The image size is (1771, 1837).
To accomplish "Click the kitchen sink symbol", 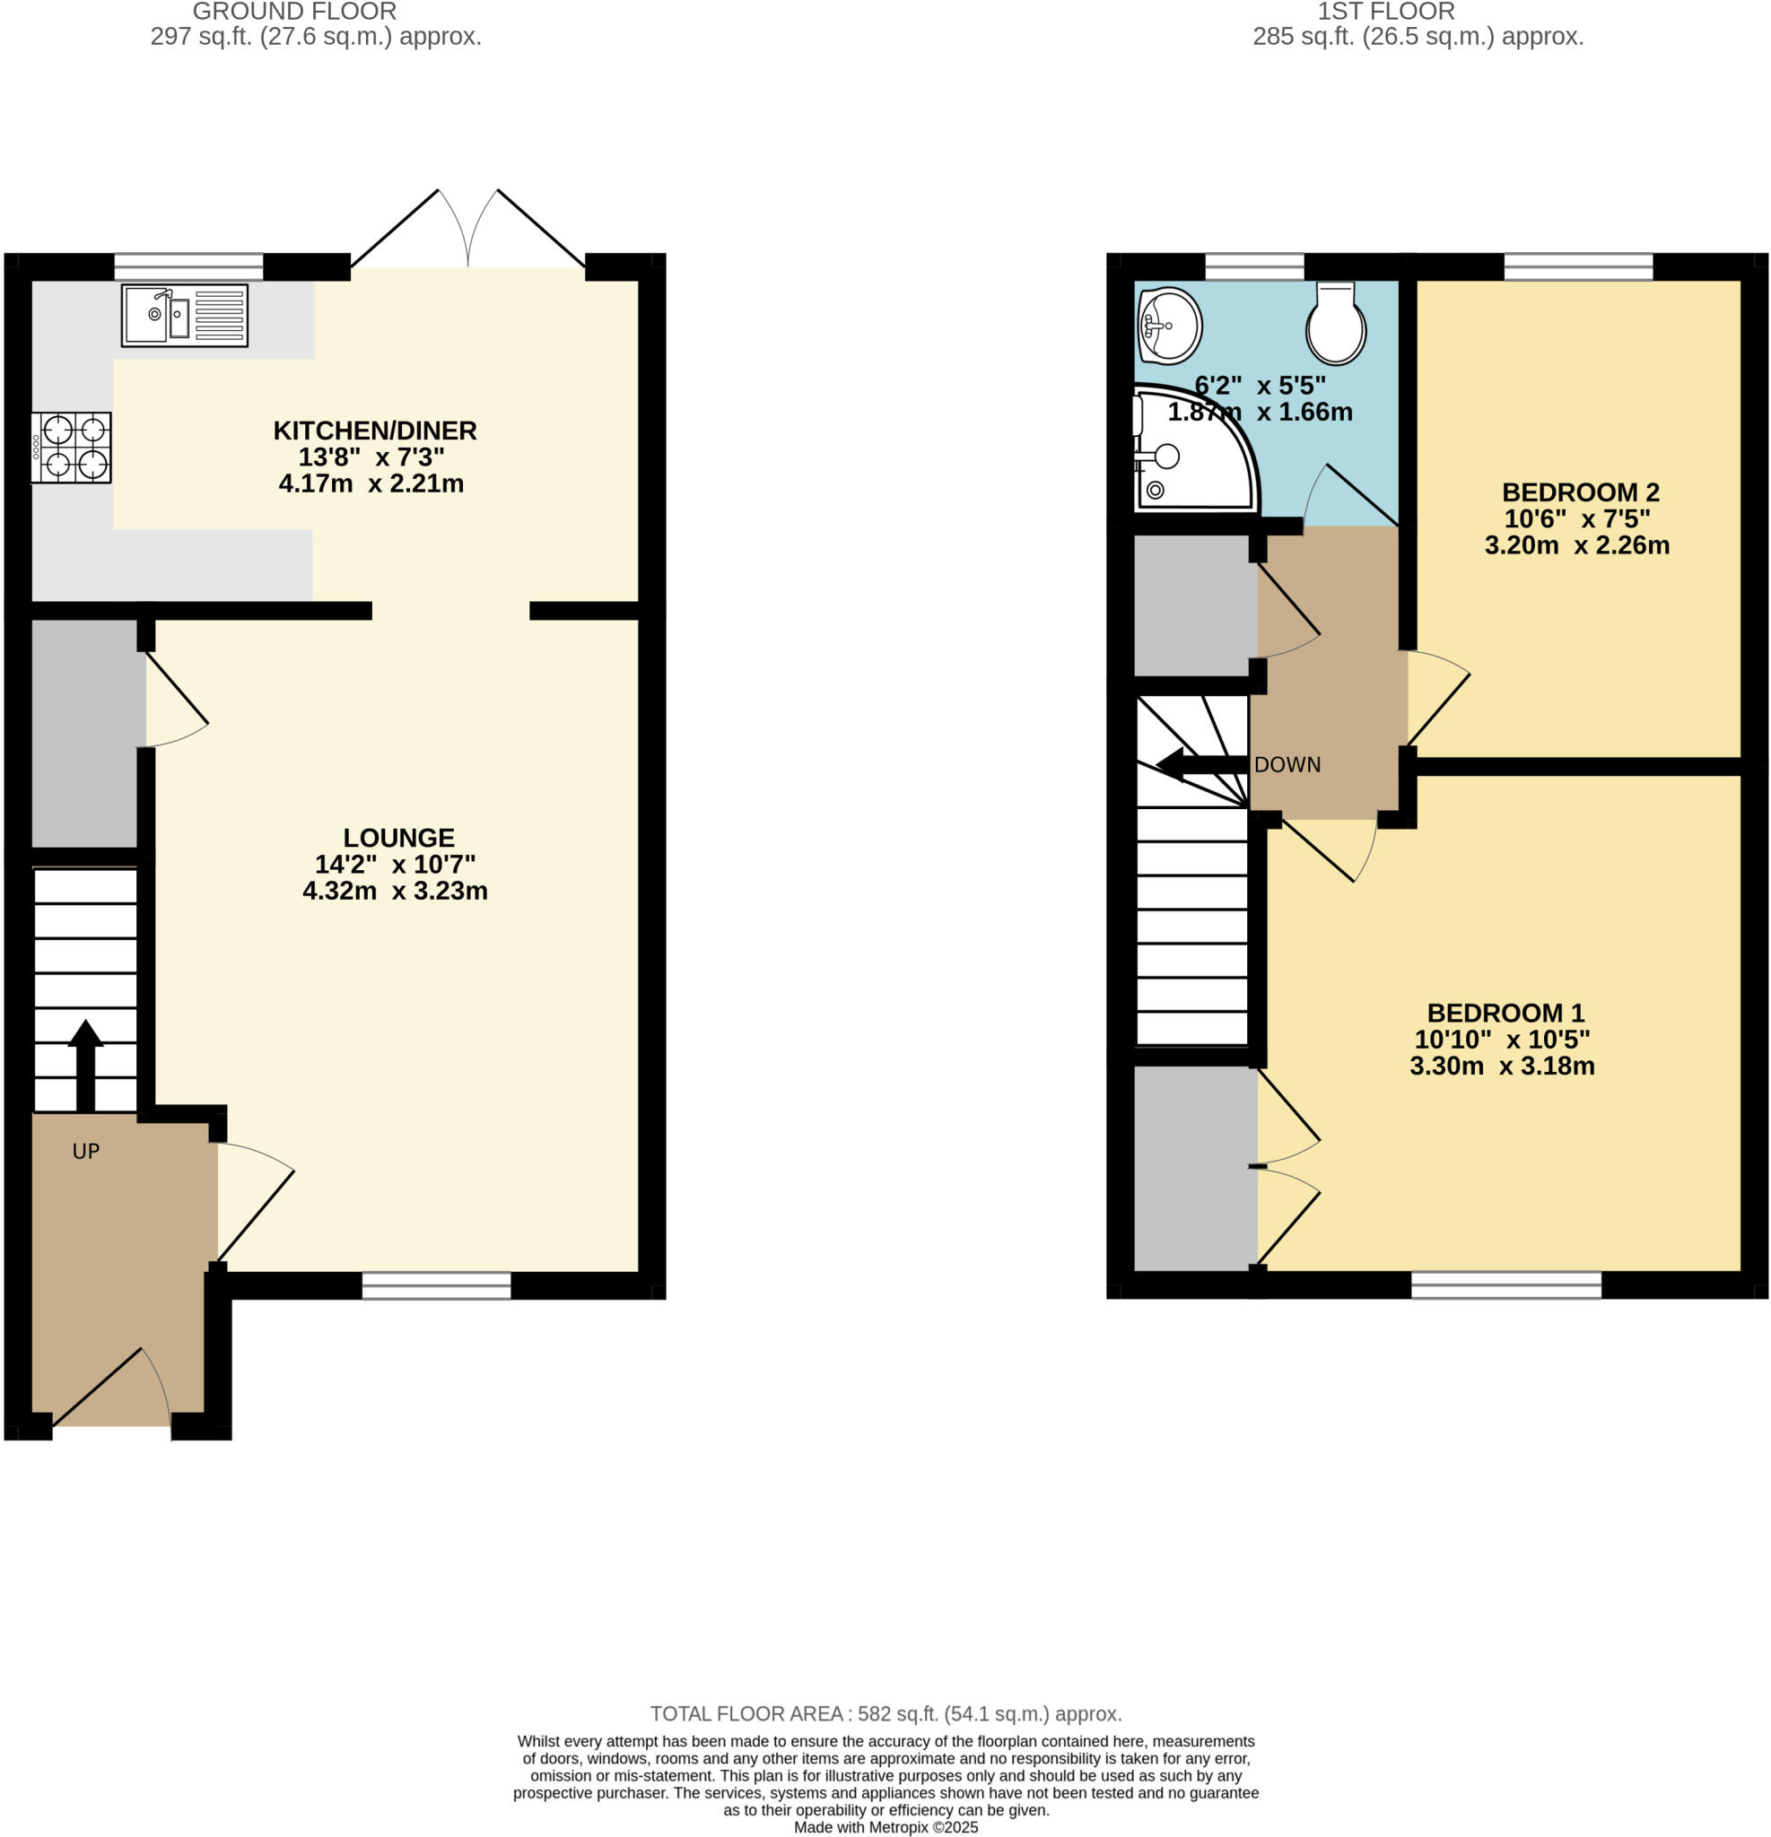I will point(184,316).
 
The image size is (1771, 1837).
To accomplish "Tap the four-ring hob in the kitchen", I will point(71,447).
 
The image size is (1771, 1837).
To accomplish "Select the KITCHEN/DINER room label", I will point(375,431).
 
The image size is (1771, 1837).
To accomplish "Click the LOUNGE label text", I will point(398,837).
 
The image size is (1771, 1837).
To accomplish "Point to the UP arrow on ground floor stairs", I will point(85,1063).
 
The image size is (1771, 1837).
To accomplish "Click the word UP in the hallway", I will point(85,1151).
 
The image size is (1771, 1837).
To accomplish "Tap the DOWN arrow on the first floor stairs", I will point(1201,764).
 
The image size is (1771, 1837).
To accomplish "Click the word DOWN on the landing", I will point(1287,765).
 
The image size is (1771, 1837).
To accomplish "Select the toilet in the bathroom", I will point(1336,323).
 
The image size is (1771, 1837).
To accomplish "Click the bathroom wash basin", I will point(1170,326).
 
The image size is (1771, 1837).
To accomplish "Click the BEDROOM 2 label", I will point(1581,492).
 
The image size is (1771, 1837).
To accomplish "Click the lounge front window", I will point(436,1285).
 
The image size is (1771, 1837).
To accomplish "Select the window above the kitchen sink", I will point(188,267).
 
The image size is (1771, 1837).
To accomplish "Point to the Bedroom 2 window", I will point(1578,267).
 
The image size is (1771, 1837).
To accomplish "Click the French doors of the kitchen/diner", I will point(467,234).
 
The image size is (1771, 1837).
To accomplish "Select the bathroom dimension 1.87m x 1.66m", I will point(1259,412).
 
